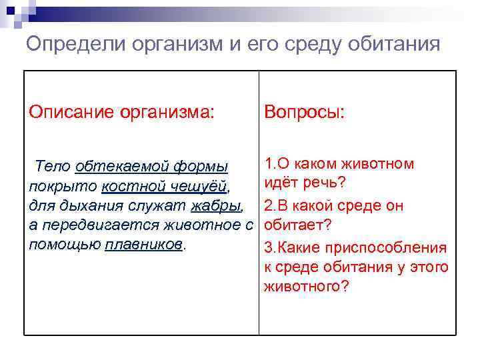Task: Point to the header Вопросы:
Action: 305,111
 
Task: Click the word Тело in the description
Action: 53,165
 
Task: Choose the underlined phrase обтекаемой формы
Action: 152,165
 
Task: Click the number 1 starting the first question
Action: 268,164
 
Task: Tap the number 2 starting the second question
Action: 268,205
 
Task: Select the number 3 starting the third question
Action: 268,247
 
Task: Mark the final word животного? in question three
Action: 307,288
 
